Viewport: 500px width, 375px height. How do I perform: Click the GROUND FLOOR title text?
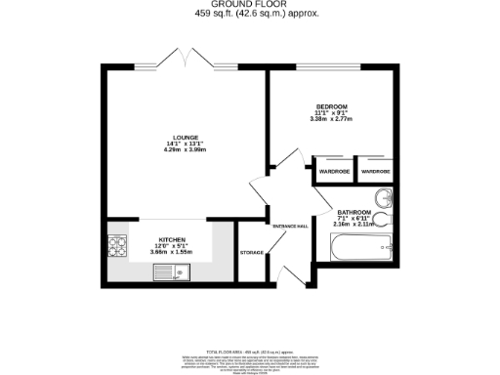coord(249,5)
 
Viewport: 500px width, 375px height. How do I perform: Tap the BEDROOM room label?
coord(331,105)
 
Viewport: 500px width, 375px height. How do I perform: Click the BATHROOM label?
coord(354,212)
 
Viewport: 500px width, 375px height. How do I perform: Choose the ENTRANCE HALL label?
coord(290,226)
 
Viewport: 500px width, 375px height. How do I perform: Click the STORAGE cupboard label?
coord(252,253)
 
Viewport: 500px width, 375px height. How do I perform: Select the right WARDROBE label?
coord(376,172)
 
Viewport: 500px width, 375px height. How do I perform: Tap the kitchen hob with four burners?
coord(119,244)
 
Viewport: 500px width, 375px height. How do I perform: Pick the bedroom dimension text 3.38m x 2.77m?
coord(331,120)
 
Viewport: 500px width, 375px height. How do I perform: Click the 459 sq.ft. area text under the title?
coord(249,15)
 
